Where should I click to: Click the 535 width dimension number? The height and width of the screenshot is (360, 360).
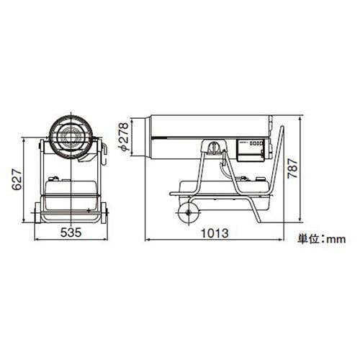(x=71, y=233)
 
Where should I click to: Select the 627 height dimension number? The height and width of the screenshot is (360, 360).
(x=17, y=179)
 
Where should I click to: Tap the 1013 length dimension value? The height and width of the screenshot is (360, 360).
(x=215, y=233)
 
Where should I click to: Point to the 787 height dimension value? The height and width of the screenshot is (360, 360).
(x=292, y=168)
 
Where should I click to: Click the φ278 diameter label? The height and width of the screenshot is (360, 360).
(x=125, y=136)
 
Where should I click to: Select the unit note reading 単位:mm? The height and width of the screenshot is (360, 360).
(x=322, y=239)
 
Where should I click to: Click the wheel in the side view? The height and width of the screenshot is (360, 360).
(x=189, y=212)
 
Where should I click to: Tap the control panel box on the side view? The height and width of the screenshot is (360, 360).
(x=251, y=150)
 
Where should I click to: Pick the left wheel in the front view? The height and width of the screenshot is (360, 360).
(x=37, y=213)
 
